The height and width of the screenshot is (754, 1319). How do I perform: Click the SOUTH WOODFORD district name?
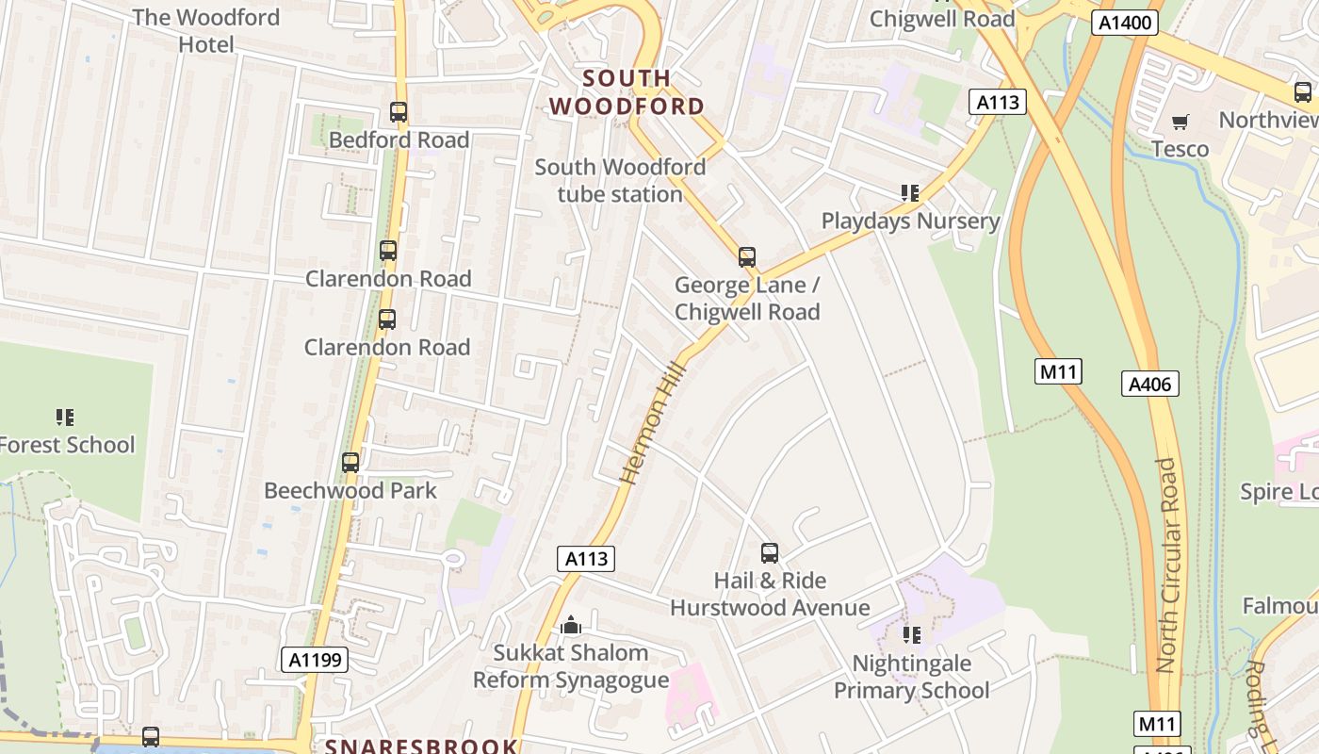pos(627,92)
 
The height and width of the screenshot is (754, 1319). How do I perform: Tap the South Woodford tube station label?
pos(620,181)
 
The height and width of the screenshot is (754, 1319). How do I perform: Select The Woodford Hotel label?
pos(205,30)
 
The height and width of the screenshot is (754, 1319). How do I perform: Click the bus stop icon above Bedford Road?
pos(399,113)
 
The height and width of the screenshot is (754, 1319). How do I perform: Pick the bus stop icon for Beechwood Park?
pos(350,463)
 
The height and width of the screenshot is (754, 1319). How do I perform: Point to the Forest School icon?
pos(65,417)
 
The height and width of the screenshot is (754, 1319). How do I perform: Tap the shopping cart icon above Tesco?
pos(1180,122)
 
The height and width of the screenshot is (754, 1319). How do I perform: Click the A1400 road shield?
pos(1125,23)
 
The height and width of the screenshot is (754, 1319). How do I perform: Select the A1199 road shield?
pos(315,660)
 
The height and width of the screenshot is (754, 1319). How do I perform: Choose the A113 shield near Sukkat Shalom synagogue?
pos(586,559)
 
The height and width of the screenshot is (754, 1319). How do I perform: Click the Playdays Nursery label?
pos(910,221)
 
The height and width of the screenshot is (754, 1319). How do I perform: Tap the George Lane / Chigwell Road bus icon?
pos(747,256)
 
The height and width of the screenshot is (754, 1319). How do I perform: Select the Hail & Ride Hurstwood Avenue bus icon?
pos(770,553)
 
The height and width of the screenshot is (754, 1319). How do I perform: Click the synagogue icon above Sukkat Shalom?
pos(570,625)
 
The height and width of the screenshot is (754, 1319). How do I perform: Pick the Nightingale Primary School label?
pos(911,677)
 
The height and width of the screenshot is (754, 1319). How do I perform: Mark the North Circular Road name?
pos(1167,565)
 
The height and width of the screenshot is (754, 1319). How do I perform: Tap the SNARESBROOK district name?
pos(422,746)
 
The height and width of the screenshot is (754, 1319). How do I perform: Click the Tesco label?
pos(1181,149)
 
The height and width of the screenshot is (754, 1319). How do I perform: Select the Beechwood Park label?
pos(350,491)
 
